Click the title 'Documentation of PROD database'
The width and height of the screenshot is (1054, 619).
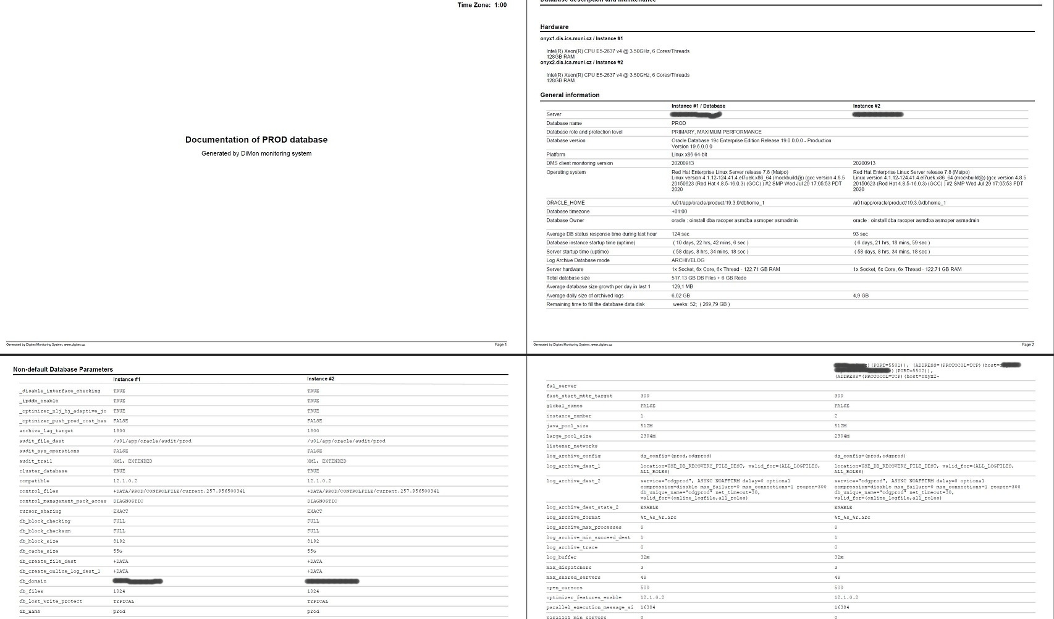(x=256, y=140)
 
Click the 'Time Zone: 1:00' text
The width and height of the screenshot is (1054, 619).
(x=482, y=5)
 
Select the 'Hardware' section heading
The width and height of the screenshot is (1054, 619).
(x=554, y=27)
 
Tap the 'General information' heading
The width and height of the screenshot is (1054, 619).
(x=570, y=95)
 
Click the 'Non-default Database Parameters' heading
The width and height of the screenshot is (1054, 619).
(x=63, y=370)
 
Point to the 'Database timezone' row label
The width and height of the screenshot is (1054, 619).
(x=568, y=211)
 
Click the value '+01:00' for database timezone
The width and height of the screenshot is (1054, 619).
(x=679, y=211)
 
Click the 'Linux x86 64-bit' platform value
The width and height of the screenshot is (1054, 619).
(x=689, y=155)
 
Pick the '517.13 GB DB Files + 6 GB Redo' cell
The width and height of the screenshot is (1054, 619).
(x=709, y=278)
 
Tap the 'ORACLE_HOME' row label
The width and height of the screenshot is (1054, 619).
(x=565, y=203)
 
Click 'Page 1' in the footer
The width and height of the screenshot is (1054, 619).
(x=500, y=344)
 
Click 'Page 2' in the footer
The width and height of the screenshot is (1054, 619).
(x=1027, y=344)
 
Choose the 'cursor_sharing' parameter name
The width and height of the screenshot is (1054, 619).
(x=40, y=511)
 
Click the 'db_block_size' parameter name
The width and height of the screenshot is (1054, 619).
(x=39, y=541)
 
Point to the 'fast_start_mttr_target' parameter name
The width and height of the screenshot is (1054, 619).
(x=579, y=396)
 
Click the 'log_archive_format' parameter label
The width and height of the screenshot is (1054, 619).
(x=573, y=517)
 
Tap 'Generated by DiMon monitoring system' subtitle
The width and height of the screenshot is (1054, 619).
(x=256, y=154)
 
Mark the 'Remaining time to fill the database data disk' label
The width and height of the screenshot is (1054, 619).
(x=595, y=304)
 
